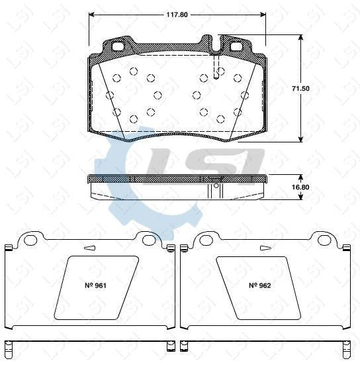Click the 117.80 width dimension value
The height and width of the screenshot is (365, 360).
tap(176, 11)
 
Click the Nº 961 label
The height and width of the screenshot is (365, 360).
tap(96, 286)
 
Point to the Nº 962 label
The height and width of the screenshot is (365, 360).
tap(259, 286)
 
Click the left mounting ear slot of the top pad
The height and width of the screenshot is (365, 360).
tap(119, 48)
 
